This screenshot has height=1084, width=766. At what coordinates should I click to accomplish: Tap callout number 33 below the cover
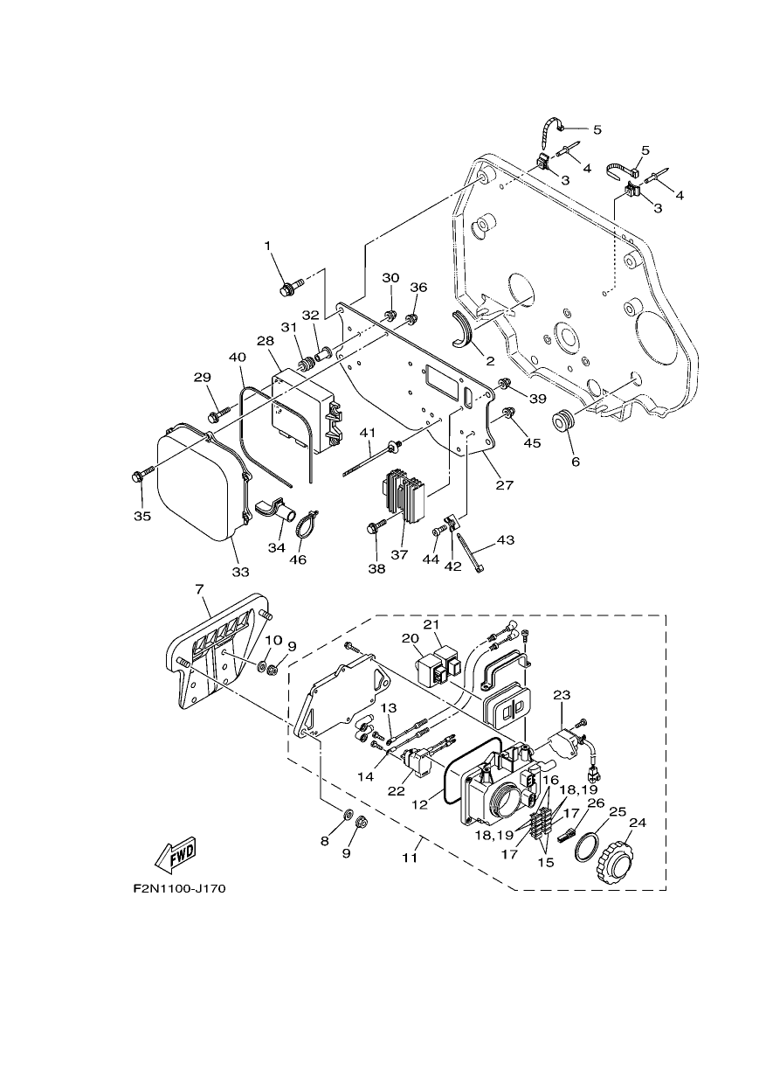click(240, 572)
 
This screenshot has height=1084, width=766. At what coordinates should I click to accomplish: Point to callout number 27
click(504, 485)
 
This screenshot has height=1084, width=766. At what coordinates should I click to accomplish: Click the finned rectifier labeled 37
click(404, 495)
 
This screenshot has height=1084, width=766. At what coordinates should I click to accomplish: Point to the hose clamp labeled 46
click(305, 526)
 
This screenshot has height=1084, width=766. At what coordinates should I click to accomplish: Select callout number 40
click(237, 358)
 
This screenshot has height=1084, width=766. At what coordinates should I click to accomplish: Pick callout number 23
click(562, 694)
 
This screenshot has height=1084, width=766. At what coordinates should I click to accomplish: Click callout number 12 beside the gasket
click(420, 804)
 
